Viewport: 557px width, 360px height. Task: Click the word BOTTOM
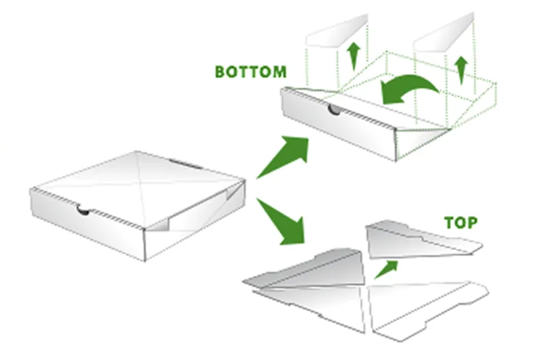[x=251, y=72]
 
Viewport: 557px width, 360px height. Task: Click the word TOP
[x=461, y=223]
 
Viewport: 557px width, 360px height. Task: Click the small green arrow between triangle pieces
[x=386, y=269]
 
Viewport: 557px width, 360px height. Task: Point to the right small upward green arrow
[x=462, y=70]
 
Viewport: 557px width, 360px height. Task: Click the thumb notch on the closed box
[x=84, y=210]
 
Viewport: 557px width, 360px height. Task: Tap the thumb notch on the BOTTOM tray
[x=335, y=109]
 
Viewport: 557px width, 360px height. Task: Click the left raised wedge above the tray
[x=338, y=32]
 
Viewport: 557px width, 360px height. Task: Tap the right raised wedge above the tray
[x=444, y=33]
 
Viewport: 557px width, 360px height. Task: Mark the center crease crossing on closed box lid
[x=142, y=185]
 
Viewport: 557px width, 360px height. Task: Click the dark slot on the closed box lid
[x=186, y=164]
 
